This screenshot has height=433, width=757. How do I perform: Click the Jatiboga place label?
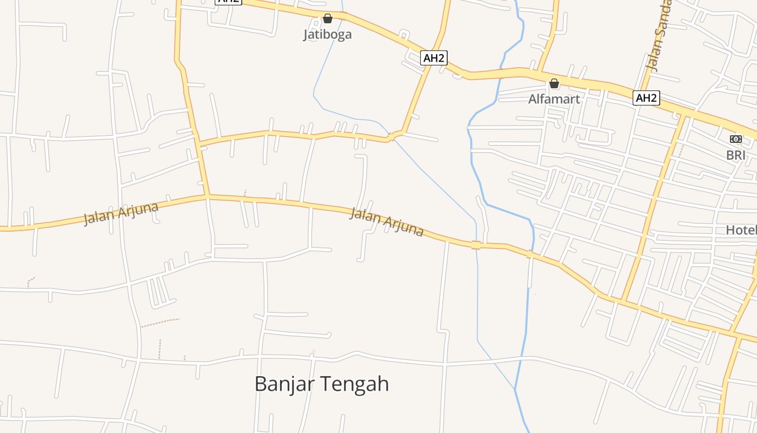[x=327, y=35]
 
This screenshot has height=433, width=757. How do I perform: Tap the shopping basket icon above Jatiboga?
[x=327, y=19]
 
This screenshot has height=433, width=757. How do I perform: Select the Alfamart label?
[x=554, y=99]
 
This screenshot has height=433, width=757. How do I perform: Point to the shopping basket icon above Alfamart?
[x=554, y=84]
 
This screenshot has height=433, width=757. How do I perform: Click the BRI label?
[x=735, y=155]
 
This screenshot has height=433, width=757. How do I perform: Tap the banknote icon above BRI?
[x=735, y=139]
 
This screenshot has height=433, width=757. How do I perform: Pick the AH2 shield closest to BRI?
[x=646, y=98]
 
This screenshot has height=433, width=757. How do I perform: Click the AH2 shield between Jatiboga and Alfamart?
[x=434, y=58]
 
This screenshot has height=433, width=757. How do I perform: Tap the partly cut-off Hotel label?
[x=741, y=230]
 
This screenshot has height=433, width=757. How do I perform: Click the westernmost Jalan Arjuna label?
[x=121, y=214]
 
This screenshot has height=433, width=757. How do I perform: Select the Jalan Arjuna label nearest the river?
[x=386, y=221]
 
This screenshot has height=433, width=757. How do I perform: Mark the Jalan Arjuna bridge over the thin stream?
[x=476, y=245]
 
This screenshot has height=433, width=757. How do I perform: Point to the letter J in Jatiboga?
[x=306, y=35]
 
